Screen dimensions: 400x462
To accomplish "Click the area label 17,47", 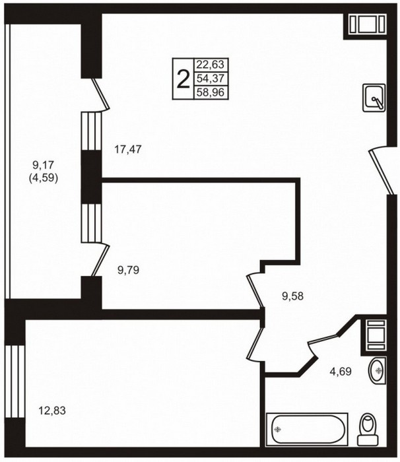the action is (x=128, y=150).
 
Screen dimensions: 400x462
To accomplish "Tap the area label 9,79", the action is (x=128, y=270).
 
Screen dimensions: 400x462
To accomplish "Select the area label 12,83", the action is (x=52, y=410).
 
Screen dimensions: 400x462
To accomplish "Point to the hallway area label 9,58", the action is (x=292, y=296).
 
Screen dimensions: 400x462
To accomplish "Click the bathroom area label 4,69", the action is (x=341, y=371).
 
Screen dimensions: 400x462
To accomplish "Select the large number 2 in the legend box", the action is (x=183, y=79).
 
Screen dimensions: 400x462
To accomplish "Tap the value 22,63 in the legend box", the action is (x=211, y=64).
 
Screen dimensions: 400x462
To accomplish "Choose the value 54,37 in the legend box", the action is (x=211, y=79).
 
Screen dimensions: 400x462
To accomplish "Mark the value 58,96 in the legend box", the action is (x=211, y=92).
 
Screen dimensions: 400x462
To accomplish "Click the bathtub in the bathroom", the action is (x=307, y=429).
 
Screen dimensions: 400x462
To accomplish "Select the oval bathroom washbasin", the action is (x=378, y=371).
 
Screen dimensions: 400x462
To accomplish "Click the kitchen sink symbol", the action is (x=374, y=98).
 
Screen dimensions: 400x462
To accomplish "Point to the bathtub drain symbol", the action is (x=277, y=430).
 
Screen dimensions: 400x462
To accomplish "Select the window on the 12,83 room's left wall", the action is (x=15, y=381).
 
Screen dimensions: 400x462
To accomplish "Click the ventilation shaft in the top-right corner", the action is (x=368, y=24).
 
